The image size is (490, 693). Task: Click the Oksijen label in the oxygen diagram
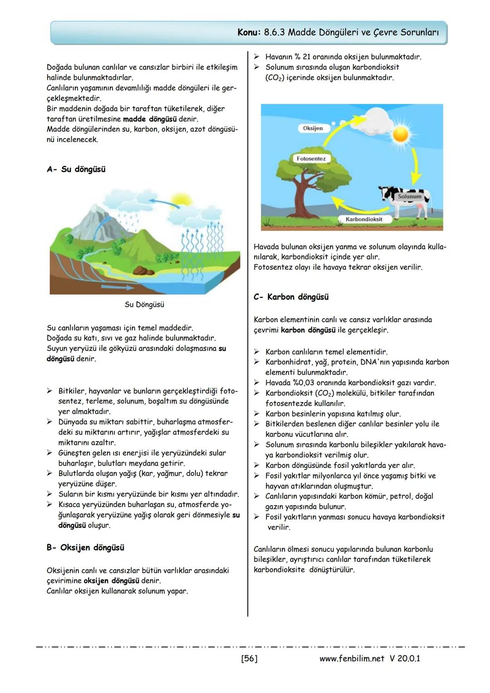[x=313, y=128]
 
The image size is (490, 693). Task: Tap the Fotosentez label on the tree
[x=311, y=158]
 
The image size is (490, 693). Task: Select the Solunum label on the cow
[x=409, y=197]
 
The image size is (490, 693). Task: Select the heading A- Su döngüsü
[x=76, y=169]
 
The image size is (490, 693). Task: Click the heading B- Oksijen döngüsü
[x=85, y=548]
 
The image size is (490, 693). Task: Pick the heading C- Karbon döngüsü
[x=291, y=297]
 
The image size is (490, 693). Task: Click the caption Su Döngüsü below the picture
[x=144, y=305]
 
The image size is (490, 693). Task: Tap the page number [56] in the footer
[x=249, y=658]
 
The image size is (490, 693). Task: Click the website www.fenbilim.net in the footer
[x=352, y=658]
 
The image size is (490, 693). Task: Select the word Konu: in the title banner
[x=249, y=33]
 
